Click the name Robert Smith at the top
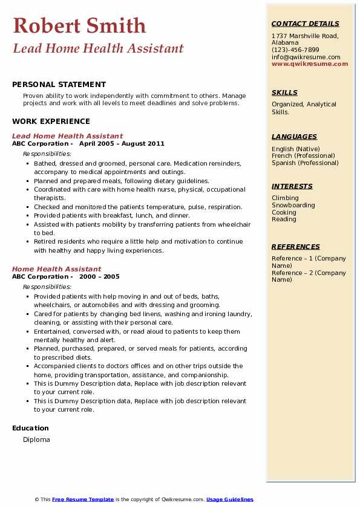click(x=79, y=25)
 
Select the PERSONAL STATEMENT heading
click(x=59, y=85)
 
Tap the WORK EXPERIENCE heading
click(x=51, y=121)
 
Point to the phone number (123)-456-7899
click(x=295, y=50)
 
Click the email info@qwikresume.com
click(x=306, y=57)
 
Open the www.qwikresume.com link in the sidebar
click(x=310, y=64)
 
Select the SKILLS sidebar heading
click(x=284, y=92)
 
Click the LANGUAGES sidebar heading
click(x=294, y=137)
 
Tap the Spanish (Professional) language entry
click(x=305, y=163)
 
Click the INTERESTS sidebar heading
click(x=292, y=186)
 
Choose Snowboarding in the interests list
click(x=293, y=205)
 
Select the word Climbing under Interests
click(x=285, y=198)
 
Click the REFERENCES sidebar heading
click(x=296, y=247)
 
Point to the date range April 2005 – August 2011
click(x=122, y=144)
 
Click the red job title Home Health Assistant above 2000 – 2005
click(x=57, y=269)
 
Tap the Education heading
click(x=31, y=428)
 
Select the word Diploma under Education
click(x=36, y=439)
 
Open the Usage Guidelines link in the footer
click(x=229, y=499)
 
